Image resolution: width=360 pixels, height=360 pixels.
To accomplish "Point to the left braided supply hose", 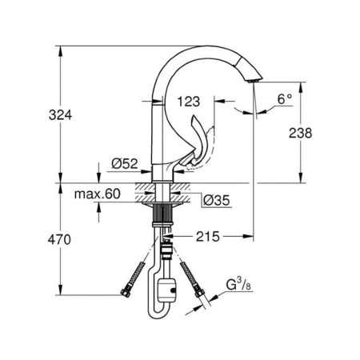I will pos(142,270).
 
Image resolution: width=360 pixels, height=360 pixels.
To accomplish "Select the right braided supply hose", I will pos(189,270).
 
